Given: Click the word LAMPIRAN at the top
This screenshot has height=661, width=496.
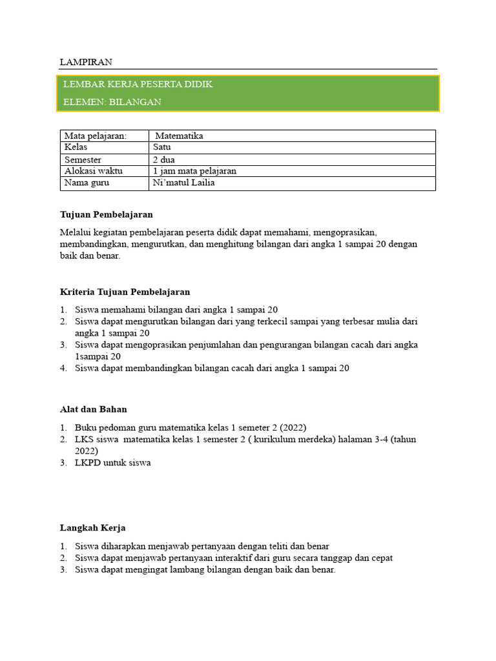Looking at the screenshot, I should point(86,62).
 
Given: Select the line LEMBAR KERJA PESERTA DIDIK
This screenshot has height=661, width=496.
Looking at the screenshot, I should point(138,85).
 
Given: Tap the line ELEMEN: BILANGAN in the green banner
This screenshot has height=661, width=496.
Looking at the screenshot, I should point(112,102).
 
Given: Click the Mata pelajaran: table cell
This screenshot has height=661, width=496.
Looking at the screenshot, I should point(96,136).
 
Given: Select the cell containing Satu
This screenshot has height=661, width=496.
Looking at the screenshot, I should point(162,147).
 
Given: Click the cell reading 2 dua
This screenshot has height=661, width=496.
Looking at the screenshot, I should point(164,159).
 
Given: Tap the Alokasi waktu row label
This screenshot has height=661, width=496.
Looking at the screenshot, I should point(94,171).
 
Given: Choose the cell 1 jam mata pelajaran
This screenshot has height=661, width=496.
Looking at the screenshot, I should point(194,171).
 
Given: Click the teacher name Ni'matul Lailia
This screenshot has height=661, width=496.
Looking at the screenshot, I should point(183,183).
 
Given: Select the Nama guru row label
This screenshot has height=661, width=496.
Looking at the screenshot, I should point(87,183).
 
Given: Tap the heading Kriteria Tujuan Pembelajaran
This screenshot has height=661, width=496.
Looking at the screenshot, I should point(125,292).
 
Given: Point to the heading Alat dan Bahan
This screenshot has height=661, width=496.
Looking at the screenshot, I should point(94,409).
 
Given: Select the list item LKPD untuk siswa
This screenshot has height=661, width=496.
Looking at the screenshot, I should point(112,463).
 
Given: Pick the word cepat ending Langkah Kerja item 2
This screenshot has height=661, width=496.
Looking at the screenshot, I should point(380,558).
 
